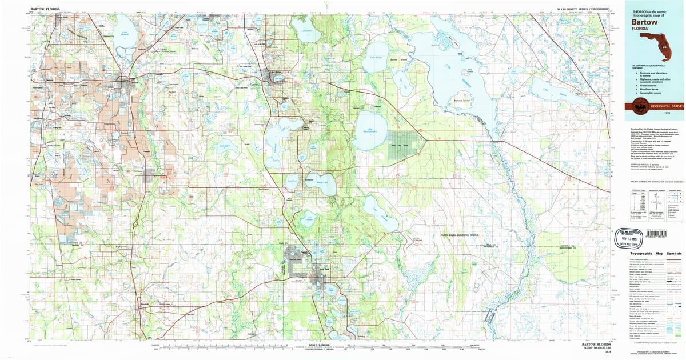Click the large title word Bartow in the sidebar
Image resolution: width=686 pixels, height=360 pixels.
(x=645, y=22)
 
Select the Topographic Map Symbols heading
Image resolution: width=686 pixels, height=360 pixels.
(x=655, y=253)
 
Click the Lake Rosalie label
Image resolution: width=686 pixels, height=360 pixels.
(x=375, y=58)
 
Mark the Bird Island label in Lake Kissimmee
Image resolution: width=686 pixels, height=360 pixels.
(x=470, y=71)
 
